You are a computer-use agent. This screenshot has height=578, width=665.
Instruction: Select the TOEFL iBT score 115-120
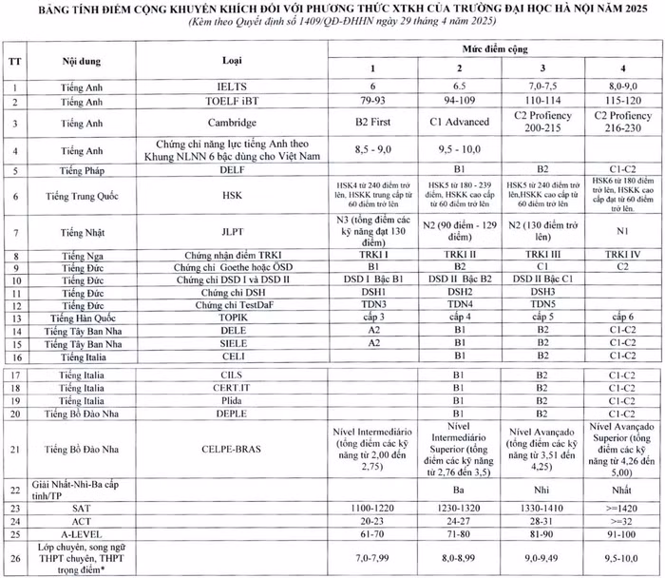coord(614,101)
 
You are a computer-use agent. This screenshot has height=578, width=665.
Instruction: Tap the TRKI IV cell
coord(614,256)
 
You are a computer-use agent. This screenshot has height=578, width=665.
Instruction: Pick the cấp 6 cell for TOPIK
coord(614,316)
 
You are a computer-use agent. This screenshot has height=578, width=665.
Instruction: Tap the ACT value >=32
coord(614,523)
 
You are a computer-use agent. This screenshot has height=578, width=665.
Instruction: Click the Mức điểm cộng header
coord(492,47)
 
